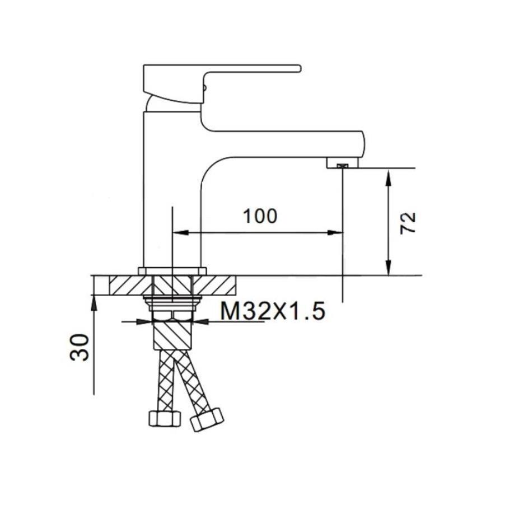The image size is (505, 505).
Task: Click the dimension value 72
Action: (408, 223)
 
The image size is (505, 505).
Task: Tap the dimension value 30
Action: (80, 348)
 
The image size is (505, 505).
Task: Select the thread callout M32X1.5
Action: (273, 311)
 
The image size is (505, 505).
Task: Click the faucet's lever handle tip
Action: (299, 69)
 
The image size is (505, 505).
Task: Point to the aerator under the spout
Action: (342, 163)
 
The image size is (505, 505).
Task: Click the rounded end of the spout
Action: (362, 144)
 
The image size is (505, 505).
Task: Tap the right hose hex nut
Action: (207, 419)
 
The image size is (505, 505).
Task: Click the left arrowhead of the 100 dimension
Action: (180, 232)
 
